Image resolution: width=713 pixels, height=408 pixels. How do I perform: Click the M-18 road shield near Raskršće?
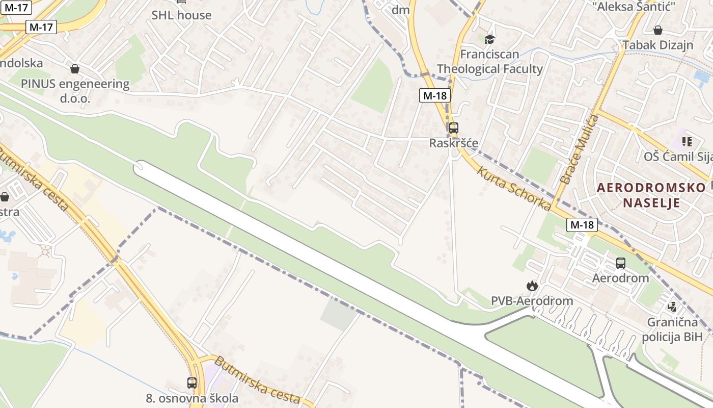coord(435,95)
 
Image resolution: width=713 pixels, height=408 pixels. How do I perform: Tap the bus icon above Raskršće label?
coord(453,128)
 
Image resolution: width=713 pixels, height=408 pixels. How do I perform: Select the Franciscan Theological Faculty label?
coord(489,61)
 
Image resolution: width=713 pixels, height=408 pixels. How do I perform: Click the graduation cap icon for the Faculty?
coord(489,39)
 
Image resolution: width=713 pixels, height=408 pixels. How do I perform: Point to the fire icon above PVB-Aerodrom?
coord(532,286)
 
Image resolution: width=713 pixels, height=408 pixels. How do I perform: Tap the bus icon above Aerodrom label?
coord(620,263)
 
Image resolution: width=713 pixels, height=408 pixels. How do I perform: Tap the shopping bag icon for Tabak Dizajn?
coord(658,30)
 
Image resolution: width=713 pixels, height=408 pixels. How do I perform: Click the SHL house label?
coord(181,15)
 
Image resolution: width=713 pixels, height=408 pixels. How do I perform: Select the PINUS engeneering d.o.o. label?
coord(75,91)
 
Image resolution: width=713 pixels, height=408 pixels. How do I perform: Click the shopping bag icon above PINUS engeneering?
coord(75,68)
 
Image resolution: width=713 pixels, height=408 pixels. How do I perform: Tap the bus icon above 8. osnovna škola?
coord(192,382)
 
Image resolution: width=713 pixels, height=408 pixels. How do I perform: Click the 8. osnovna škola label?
coord(192,398)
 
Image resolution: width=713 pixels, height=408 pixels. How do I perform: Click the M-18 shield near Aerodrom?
coord(582,224)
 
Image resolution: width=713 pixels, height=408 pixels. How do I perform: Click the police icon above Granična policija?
coord(672,307)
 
